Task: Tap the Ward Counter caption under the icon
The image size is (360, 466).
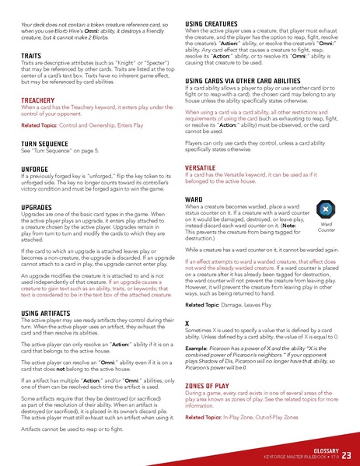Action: click(x=327, y=227)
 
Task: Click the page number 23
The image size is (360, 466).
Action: click(x=346, y=454)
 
